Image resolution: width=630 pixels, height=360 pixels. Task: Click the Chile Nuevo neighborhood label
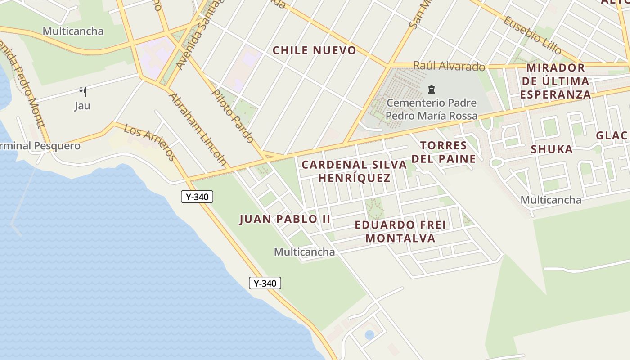tap(315, 50)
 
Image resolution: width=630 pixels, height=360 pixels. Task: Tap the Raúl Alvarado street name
tap(449, 66)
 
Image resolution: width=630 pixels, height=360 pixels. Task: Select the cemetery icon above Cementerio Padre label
tap(431, 90)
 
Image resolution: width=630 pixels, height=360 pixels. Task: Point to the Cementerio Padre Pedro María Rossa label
tap(432, 109)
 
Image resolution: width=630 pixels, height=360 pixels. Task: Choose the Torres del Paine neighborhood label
tap(444, 152)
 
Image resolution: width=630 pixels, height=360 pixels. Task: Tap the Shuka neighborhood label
tap(551, 149)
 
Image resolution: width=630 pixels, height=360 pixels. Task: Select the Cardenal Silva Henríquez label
tap(354, 171)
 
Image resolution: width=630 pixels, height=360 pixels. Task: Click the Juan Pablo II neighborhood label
tap(285, 219)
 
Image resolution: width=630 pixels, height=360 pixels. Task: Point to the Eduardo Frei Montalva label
tap(400, 231)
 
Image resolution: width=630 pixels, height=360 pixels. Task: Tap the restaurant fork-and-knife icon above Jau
tap(82, 92)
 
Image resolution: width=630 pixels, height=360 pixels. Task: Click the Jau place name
tap(82, 106)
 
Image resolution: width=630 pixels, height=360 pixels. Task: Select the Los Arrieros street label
tap(149, 142)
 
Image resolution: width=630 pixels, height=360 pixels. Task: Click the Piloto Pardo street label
tap(233, 116)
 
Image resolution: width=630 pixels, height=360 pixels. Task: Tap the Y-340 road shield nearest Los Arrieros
tap(197, 197)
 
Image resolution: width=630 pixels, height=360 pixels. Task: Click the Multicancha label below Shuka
tap(551, 200)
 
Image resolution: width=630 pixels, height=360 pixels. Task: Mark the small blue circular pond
tap(369, 335)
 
